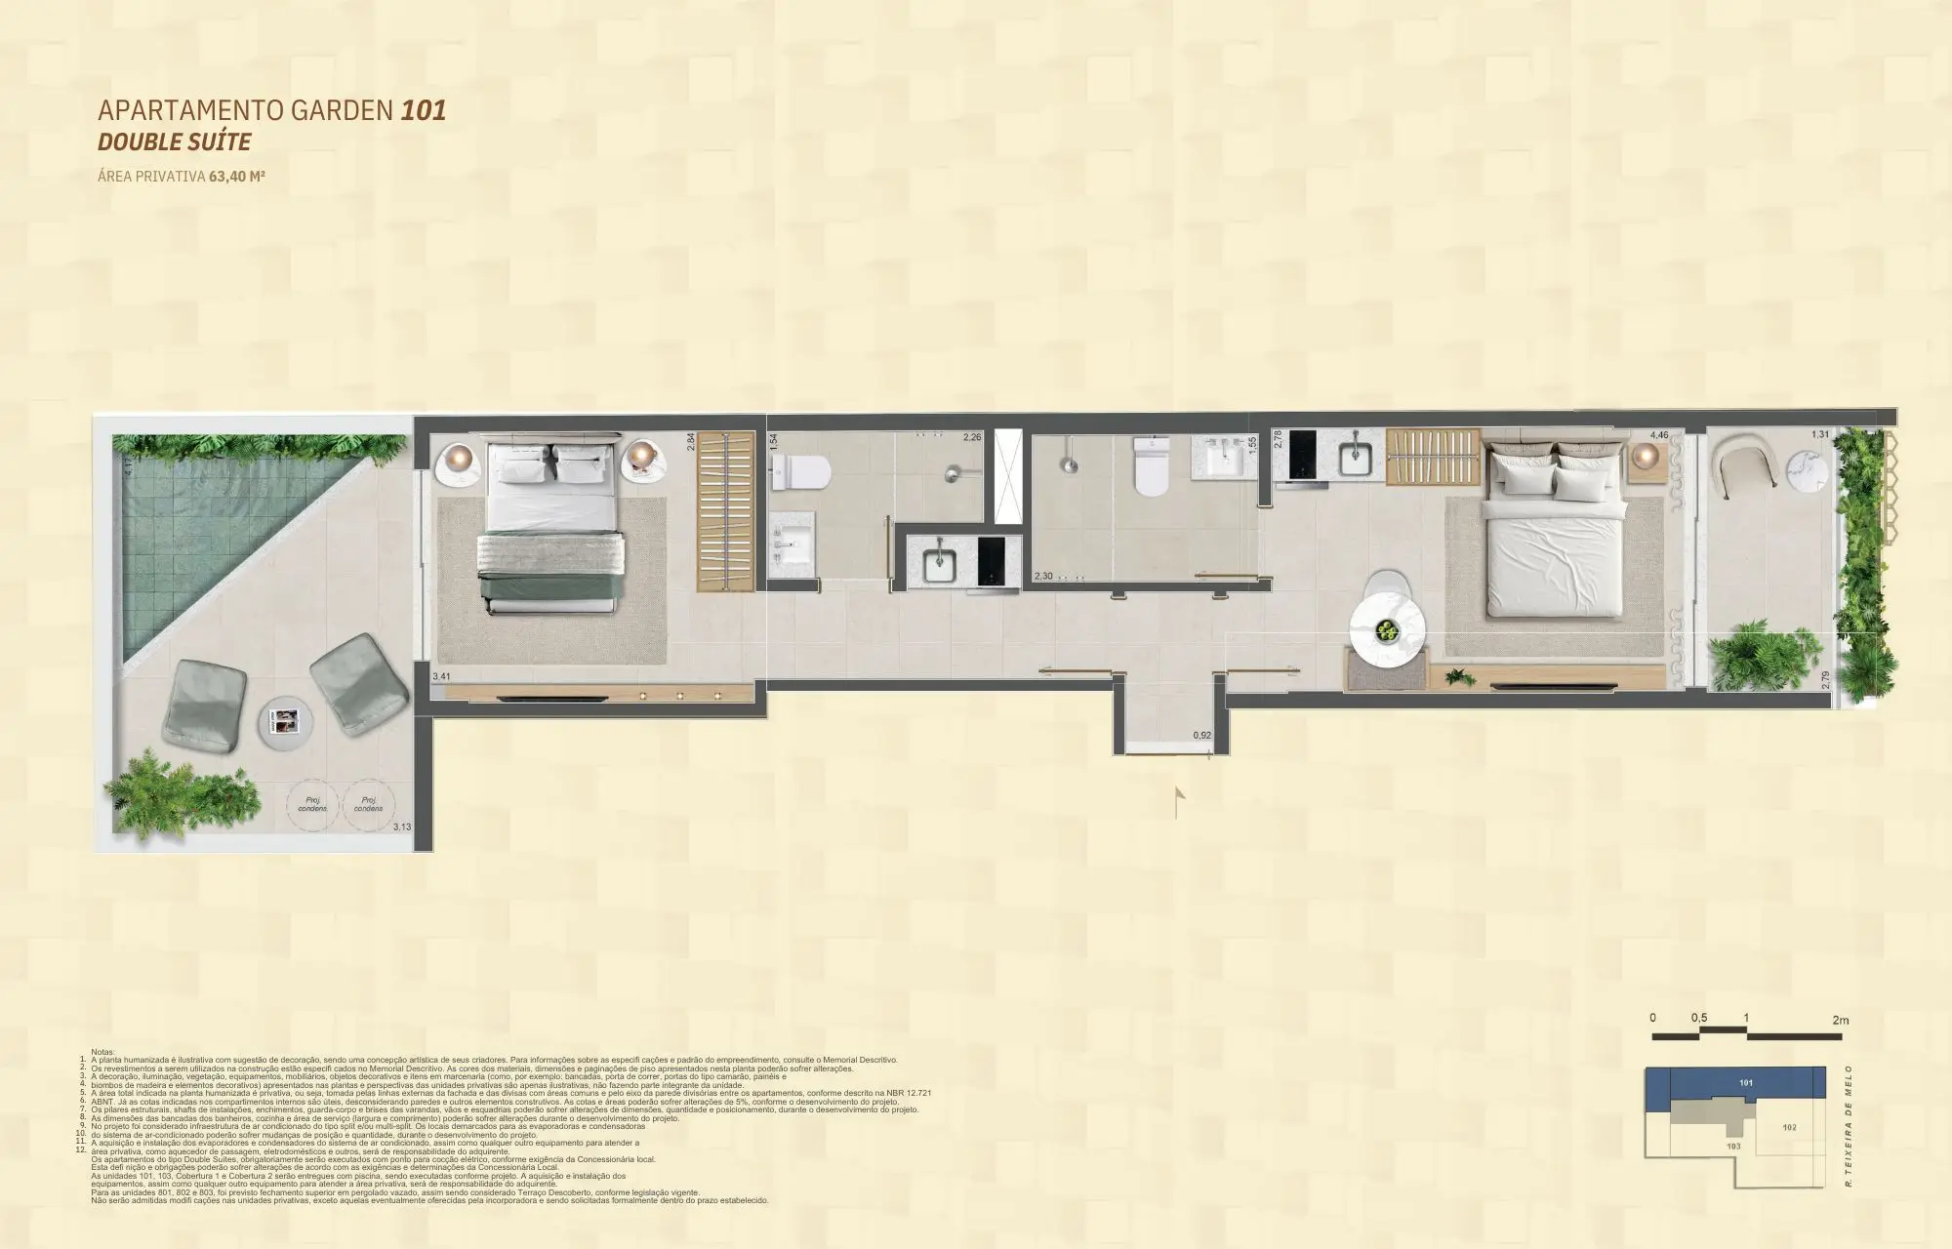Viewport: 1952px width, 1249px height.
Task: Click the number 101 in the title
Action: pyautogui.click(x=423, y=110)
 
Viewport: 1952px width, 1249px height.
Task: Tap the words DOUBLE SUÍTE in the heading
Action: pyautogui.click(x=175, y=142)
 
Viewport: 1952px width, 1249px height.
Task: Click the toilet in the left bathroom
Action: pyautogui.click(x=801, y=474)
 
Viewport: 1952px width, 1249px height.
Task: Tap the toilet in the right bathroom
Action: pyautogui.click(x=1151, y=467)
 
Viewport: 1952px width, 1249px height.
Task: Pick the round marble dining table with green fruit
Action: pyautogui.click(x=1386, y=631)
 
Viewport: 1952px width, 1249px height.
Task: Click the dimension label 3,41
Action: pyautogui.click(x=441, y=674)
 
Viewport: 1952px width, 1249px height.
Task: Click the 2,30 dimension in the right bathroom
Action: pyautogui.click(x=1042, y=577)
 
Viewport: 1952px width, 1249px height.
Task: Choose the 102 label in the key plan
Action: pyautogui.click(x=1789, y=1127)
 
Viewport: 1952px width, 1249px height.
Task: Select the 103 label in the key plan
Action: pyautogui.click(x=1733, y=1147)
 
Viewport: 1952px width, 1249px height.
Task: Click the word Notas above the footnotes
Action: pyautogui.click(x=102, y=1052)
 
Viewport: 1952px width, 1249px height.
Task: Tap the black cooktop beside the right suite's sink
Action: pyautogui.click(x=1306, y=456)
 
